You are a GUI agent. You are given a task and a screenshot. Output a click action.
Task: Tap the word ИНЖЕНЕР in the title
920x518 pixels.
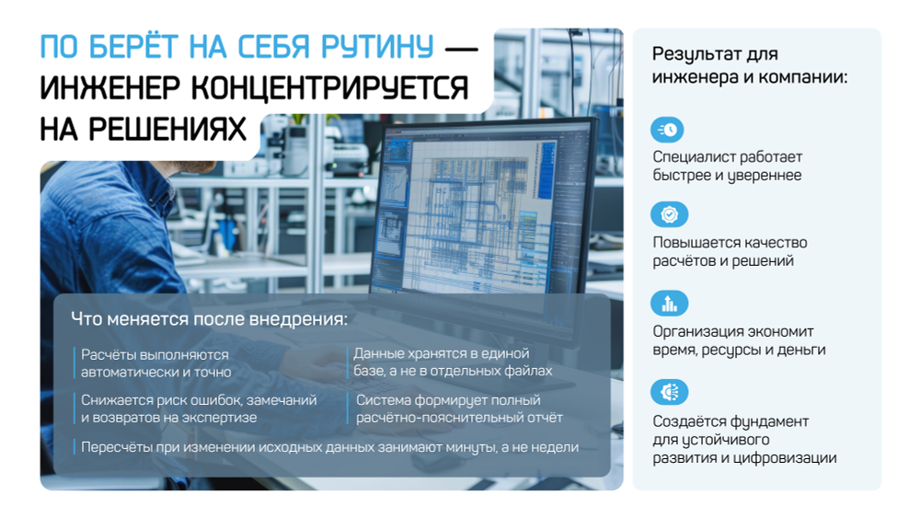point(108,88)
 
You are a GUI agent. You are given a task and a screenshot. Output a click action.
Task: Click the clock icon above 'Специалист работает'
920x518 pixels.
point(669,130)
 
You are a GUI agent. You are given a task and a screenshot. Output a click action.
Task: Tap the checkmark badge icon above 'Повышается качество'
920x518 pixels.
point(669,215)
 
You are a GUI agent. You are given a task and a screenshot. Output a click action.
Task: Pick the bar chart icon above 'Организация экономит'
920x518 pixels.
point(669,304)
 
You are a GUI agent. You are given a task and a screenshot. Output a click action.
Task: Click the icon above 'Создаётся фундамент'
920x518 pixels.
point(669,392)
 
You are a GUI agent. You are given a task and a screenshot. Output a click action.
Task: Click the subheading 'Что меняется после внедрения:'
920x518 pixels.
point(210,319)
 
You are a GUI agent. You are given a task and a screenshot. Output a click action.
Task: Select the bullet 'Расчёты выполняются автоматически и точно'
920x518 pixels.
point(155,363)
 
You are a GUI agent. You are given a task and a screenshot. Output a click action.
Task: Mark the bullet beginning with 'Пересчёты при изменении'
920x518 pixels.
point(329,447)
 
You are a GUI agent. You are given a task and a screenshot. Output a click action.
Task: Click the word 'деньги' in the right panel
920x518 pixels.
point(801,350)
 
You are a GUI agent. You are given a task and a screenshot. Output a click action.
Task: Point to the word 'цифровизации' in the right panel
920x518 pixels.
point(793,457)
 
